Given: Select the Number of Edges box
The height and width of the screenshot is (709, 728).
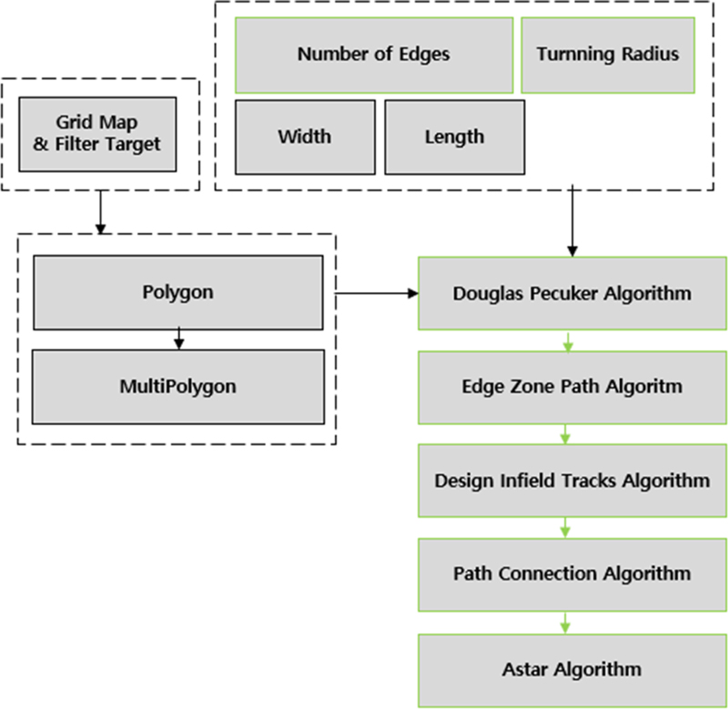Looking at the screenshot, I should coord(373,55).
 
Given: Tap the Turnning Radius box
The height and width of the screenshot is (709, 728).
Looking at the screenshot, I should coord(607,55).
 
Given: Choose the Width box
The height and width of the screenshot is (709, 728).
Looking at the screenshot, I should coord(305,137).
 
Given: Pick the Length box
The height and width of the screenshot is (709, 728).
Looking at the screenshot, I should coord(454,137).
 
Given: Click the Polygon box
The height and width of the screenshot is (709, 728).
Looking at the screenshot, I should coord(177,292).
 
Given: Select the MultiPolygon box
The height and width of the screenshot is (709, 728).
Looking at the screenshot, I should coord(177,387).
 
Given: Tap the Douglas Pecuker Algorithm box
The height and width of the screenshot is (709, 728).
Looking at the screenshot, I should coord(571,294).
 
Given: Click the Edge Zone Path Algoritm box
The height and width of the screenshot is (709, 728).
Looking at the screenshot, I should coord(571,387).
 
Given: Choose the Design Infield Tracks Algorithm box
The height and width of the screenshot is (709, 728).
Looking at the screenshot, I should coord(571,481).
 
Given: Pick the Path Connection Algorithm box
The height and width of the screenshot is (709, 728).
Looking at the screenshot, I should coord(571,574).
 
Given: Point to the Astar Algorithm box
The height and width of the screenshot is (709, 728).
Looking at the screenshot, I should coord(571,670).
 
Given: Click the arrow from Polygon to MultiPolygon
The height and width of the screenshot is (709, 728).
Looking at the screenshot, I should coord(178,339).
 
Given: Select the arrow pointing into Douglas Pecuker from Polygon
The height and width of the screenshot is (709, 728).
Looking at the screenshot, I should coord(377,294).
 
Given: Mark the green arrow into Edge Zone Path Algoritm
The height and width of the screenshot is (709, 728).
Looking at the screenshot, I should coord(565,341).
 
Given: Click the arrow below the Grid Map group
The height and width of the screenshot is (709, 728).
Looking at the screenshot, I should coord(100,211).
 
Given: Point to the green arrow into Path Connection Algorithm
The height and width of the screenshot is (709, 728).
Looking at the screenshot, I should coord(565,528).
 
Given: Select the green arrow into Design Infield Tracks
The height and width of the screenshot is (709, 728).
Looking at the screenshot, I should coord(565,434).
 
